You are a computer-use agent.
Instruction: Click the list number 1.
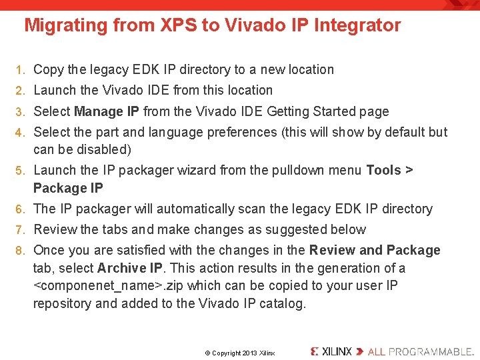pyautogui.click(x=21, y=69)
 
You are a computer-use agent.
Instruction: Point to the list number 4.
pyautogui.click(x=21, y=132)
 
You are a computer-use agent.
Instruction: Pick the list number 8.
pyautogui.click(x=21, y=251)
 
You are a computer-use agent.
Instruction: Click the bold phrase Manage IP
pyautogui.click(x=107, y=111)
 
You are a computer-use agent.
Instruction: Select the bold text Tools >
pyautogui.click(x=389, y=170)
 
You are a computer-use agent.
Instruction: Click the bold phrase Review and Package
pyautogui.click(x=375, y=251)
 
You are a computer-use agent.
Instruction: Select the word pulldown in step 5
pyautogui.click(x=299, y=170)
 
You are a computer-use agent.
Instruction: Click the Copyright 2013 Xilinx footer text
pyautogui.click(x=239, y=353)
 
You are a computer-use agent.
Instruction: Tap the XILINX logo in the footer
pyautogui.click(x=331, y=351)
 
